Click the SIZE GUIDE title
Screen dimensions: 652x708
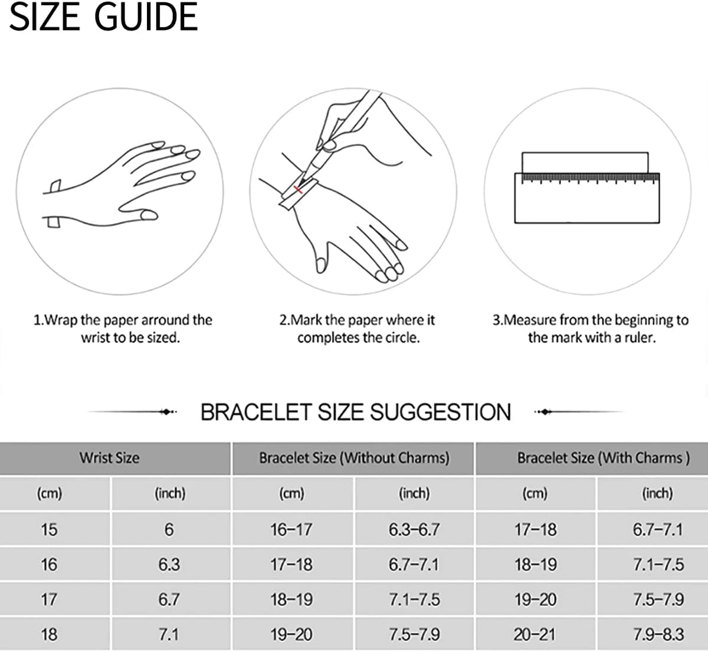pos(103,17)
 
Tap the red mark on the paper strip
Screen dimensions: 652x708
pos(298,189)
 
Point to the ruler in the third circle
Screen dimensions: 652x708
pos(587,198)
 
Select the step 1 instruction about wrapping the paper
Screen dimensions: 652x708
pos(123,329)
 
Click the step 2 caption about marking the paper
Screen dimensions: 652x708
pos(357,329)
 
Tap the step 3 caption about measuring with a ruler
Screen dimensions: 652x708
pos(591,329)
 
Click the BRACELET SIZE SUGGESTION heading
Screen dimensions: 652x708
pos(356,412)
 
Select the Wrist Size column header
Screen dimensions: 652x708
pos(110,458)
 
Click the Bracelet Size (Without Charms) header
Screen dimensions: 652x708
pos(354,458)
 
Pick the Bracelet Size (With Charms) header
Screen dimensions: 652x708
pos(603,458)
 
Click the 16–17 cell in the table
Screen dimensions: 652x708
pos(291,529)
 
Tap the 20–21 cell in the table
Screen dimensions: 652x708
pos(535,634)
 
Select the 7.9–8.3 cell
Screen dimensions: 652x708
pos(658,634)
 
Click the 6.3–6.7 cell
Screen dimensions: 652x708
pos(414,529)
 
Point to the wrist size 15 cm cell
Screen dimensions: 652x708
pos(49,529)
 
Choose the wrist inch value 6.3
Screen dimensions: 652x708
pos(169,564)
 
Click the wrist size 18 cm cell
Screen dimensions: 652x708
pos(49,634)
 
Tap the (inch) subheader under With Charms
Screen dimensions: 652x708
pos(657,493)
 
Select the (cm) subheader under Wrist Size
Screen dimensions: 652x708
pos(49,493)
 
